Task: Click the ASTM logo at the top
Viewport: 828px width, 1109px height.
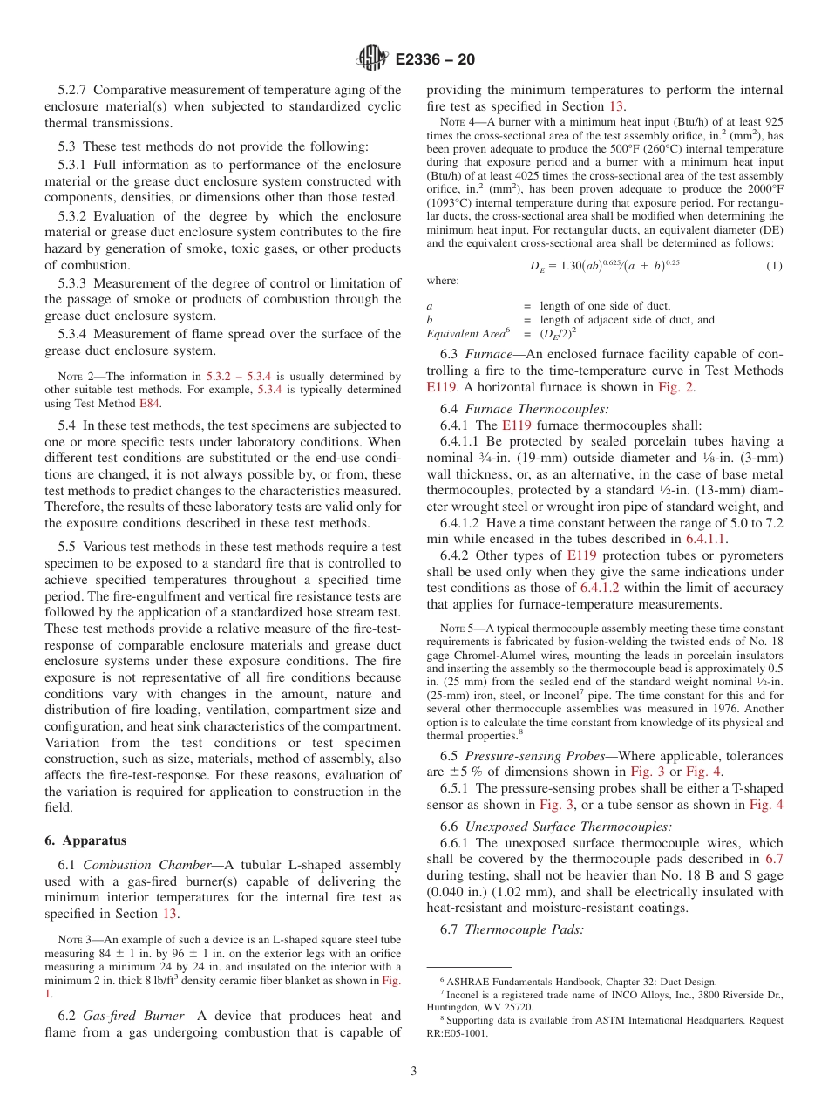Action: point(372,59)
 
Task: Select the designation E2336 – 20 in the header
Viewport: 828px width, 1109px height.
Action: point(435,60)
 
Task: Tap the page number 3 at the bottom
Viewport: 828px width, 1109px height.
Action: point(413,1072)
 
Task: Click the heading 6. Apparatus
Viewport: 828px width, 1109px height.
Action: point(85,840)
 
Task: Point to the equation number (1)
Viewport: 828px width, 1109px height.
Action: point(774,265)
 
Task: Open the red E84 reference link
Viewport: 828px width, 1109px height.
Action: point(150,403)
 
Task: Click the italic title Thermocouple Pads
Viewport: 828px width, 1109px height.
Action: point(524,929)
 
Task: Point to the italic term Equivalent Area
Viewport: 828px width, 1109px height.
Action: point(465,333)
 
